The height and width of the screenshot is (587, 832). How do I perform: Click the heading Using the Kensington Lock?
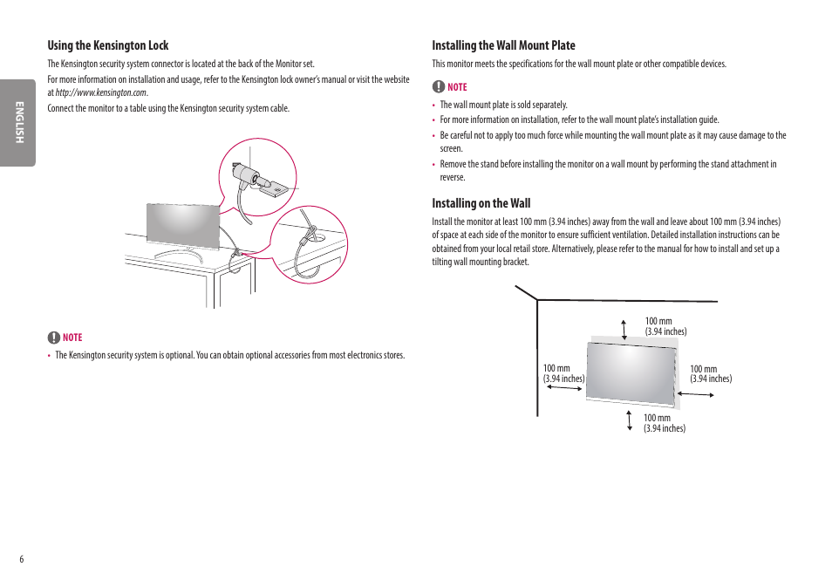[x=108, y=45]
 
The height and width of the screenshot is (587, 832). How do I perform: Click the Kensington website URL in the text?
[x=101, y=92]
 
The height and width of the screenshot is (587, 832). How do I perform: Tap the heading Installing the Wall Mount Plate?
[x=503, y=45]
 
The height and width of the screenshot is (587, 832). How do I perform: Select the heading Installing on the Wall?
[x=481, y=203]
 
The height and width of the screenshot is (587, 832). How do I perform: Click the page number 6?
[x=22, y=559]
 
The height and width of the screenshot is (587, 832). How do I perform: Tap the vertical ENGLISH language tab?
[x=17, y=123]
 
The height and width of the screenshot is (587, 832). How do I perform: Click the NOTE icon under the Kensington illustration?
[x=54, y=338]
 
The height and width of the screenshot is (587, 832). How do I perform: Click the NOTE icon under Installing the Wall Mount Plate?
[x=439, y=87]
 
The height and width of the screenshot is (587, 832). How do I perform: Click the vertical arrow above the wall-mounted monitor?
[x=624, y=329]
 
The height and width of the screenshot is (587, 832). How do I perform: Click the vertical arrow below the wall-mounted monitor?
[x=629, y=421]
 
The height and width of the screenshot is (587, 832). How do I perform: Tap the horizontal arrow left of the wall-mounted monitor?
[x=564, y=388]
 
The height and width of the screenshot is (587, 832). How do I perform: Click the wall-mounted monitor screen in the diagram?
[x=631, y=372]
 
